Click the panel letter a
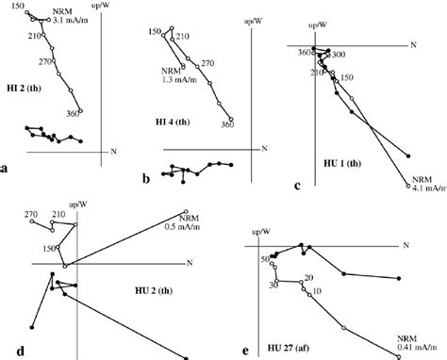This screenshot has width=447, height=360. click(x=6, y=170)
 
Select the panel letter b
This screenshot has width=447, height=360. click(x=145, y=177)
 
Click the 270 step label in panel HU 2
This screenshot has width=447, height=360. click(x=31, y=215)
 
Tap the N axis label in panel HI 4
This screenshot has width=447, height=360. click(x=265, y=148)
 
